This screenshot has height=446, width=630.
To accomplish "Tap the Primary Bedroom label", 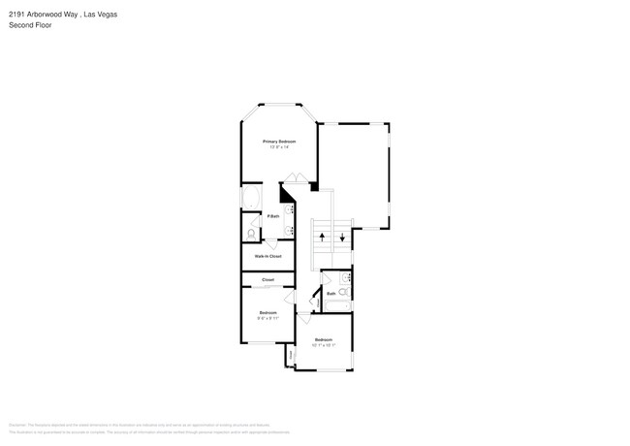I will tap(279, 142).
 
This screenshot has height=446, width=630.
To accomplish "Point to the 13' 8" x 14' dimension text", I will tap(279, 147).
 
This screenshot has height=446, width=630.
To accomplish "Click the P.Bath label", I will tap(261, 216).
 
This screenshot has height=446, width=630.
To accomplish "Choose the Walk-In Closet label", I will tap(268, 256).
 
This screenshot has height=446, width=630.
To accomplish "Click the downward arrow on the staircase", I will tap(342, 238).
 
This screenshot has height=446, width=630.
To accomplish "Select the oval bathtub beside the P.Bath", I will tap(248, 200).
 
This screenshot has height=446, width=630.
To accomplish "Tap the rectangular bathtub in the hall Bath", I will tap(336, 307).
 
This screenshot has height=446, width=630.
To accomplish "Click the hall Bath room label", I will tap(331, 293).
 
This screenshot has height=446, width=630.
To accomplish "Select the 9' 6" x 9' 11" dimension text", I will tap(268, 317).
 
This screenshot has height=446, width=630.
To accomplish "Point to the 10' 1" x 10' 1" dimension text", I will tap(324, 344).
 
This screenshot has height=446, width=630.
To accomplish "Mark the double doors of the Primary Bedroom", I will tap(295, 177).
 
